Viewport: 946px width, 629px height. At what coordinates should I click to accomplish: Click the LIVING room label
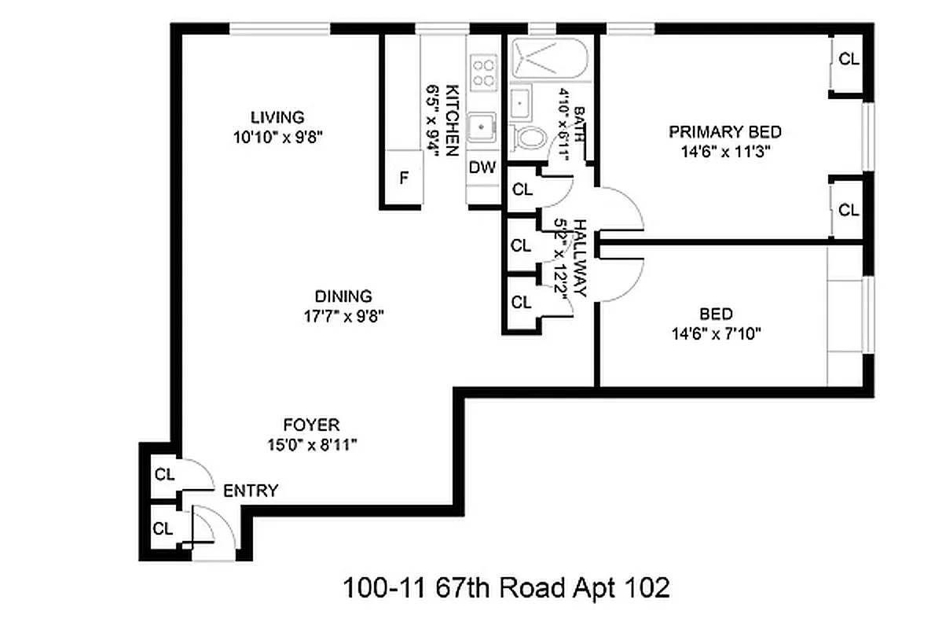pos(277,118)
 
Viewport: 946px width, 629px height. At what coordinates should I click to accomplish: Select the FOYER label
pos(312,425)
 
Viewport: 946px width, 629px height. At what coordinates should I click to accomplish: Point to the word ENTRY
pos(251,491)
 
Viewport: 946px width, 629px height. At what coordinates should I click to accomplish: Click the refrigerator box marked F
pos(404,178)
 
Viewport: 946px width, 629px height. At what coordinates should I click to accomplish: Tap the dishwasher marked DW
pos(482,167)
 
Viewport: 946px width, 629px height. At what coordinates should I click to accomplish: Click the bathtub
pos(549,58)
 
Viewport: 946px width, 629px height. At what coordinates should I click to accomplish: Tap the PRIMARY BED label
pos(724,131)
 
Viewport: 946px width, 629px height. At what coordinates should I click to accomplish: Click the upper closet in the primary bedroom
pos(848,60)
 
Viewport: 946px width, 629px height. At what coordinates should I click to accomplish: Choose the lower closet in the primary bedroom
pos(848,210)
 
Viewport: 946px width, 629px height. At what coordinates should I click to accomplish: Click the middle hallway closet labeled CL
pos(521,245)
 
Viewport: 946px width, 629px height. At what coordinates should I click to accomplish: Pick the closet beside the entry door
pos(163,528)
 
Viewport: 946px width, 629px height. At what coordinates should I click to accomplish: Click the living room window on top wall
pos(280,29)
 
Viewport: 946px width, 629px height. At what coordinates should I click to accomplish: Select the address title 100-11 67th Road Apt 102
pos(507,587)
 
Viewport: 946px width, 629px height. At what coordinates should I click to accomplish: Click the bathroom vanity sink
pos(519,102)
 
